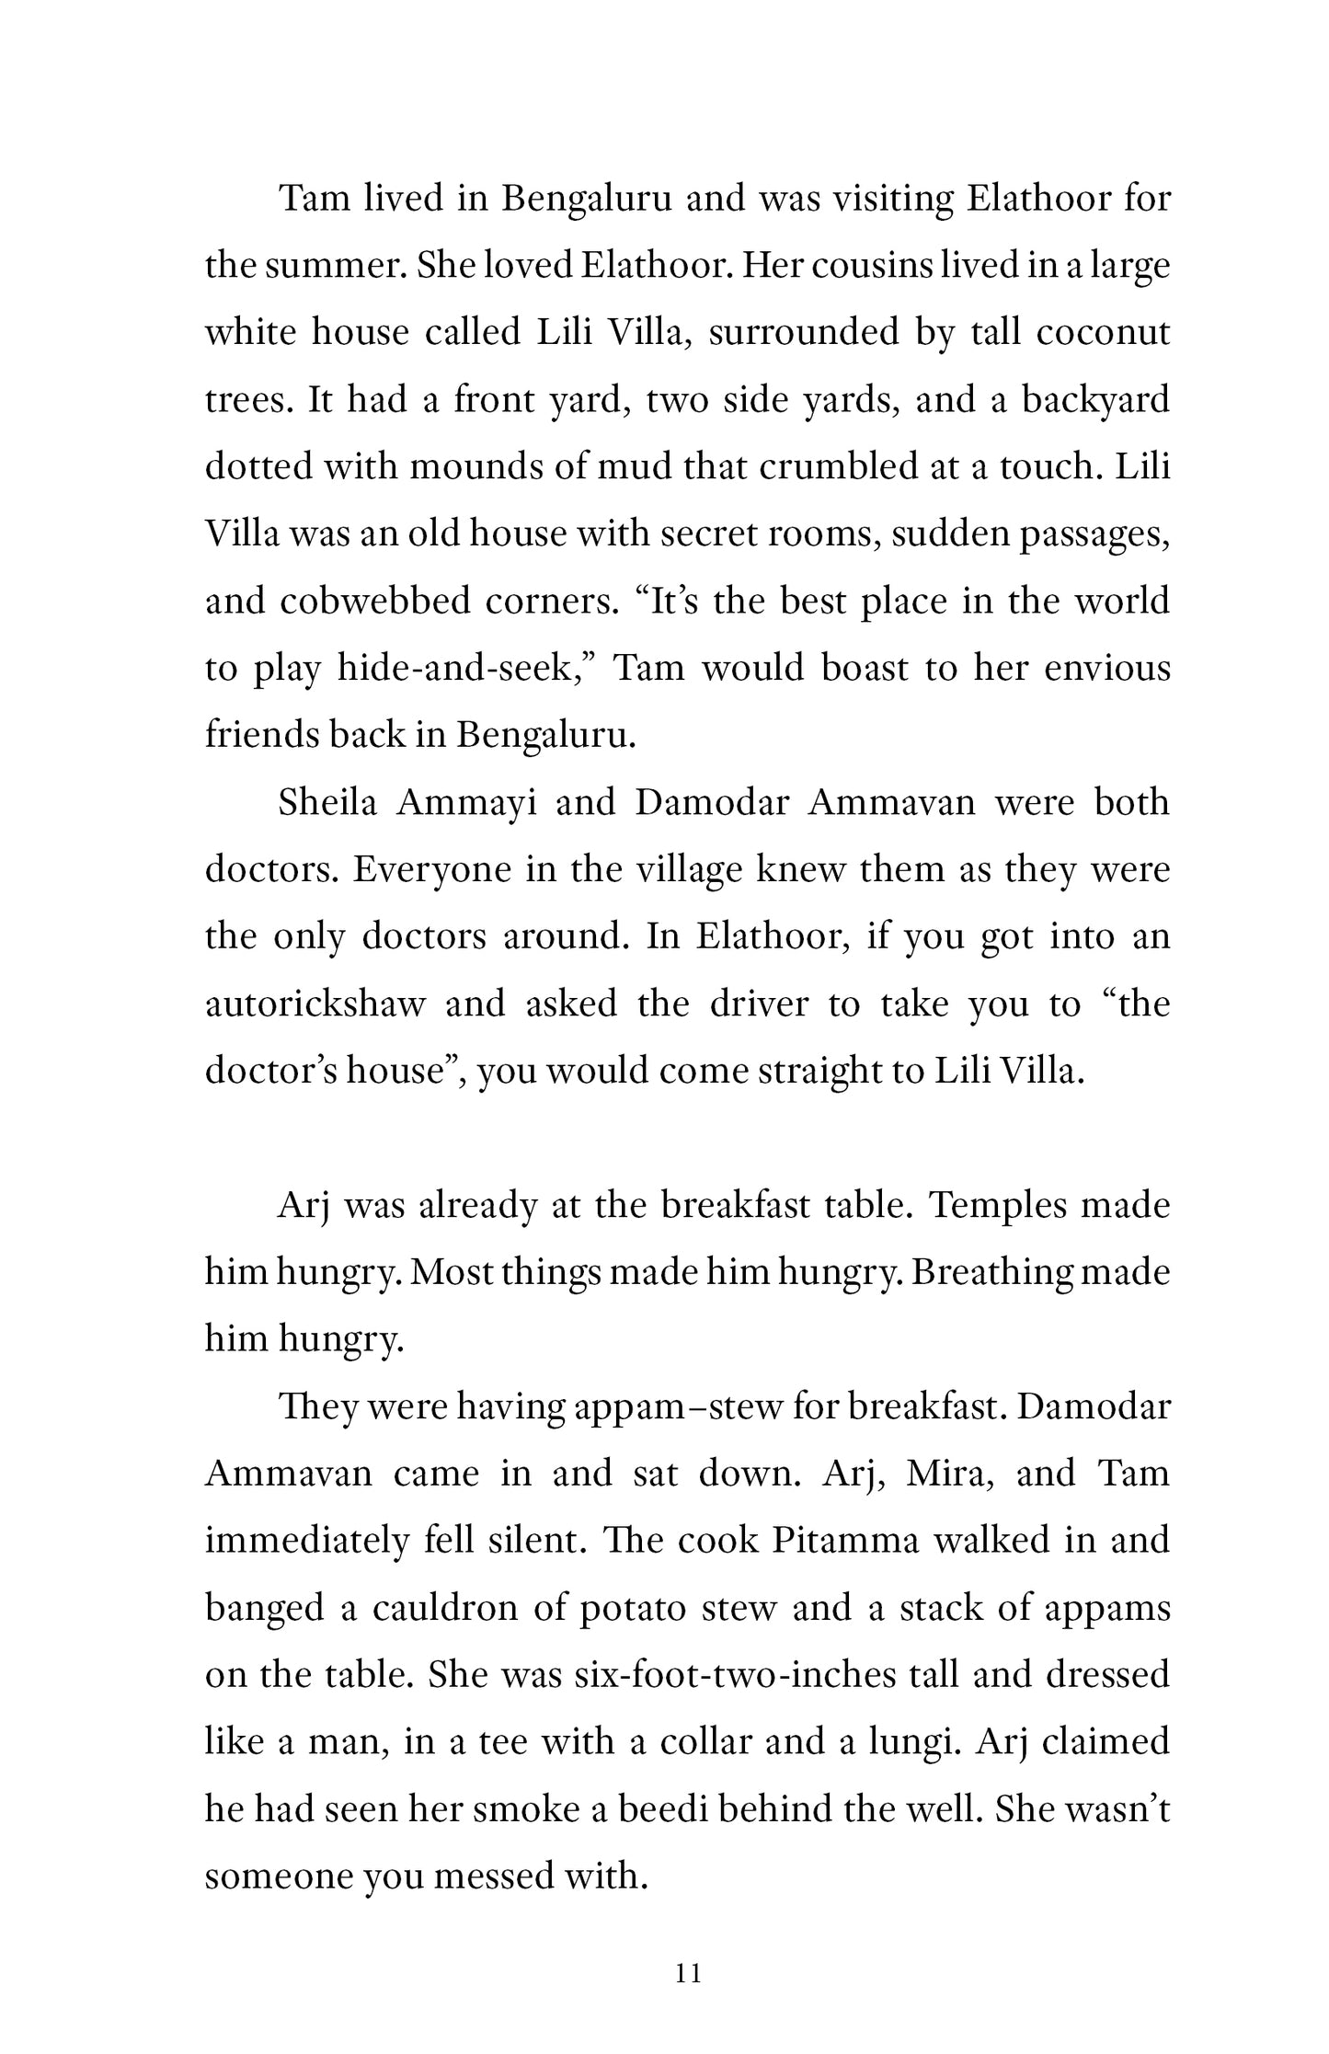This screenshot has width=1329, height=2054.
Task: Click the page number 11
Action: click(x=688, y=1971)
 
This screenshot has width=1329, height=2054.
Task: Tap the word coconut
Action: click(x=1103, y=332)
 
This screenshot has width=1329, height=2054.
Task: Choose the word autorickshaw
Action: click(x=315, y=1004)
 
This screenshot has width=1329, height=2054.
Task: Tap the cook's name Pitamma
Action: click(x=844, y=1541)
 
